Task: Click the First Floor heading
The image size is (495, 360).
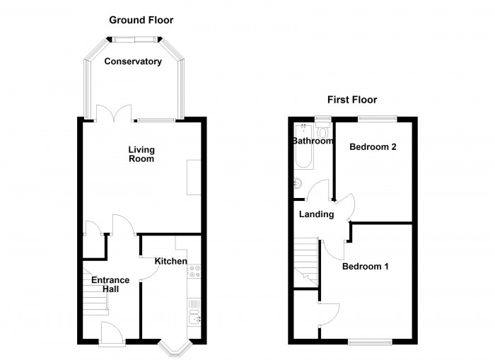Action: [351, 100]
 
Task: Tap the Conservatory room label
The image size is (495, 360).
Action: [133, 62]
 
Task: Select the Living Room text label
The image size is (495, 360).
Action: [141, 154]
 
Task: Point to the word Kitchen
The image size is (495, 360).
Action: [171, 262]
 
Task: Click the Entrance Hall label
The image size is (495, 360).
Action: [110, 284]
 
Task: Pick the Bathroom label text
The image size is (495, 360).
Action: [312, 141]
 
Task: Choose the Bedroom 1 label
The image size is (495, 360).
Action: [366, 267]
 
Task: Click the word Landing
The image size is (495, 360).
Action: [316, 214]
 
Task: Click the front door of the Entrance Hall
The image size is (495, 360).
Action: [112, 334]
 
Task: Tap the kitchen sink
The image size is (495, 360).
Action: [194, 311]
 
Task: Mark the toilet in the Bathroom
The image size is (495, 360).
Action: [323, 132]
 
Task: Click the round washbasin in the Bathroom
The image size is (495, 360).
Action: [296, 184]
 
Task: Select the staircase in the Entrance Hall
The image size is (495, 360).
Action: [95, 301]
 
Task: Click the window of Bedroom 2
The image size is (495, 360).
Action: [375, 119]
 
